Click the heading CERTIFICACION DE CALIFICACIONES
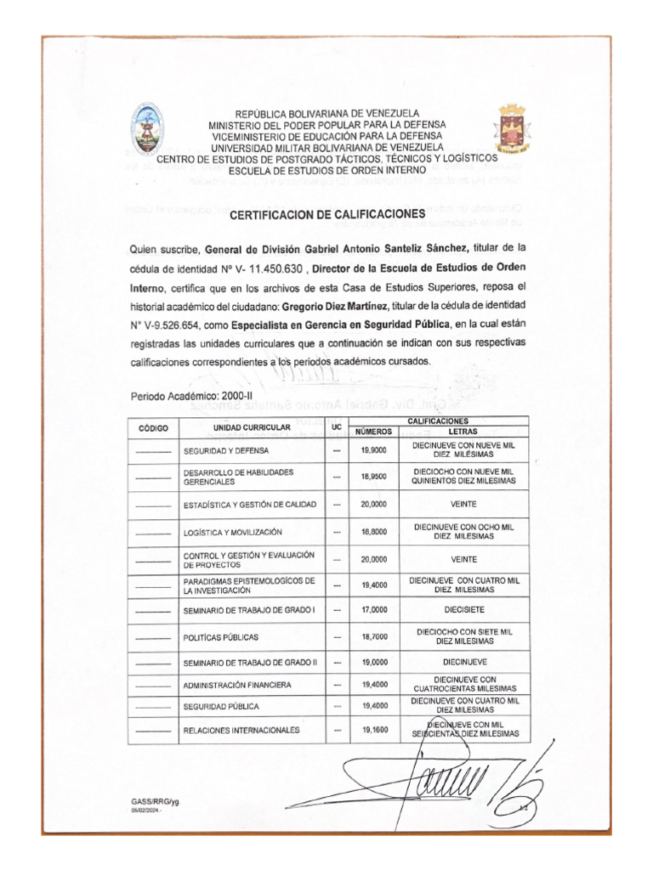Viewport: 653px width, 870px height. (x=326, y=216)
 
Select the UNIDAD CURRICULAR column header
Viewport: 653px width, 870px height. (x=252, y=427)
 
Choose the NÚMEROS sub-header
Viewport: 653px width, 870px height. (x=374, y=432)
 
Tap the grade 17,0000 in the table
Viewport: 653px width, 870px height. (x=374, y=610)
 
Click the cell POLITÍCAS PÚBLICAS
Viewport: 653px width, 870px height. (x=221, y=636)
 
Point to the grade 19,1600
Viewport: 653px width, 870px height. (x=374, y=730)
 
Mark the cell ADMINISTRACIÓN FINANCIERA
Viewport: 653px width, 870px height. (x=237, y=685)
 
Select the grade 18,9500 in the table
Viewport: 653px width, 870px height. (x=374, y=477)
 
